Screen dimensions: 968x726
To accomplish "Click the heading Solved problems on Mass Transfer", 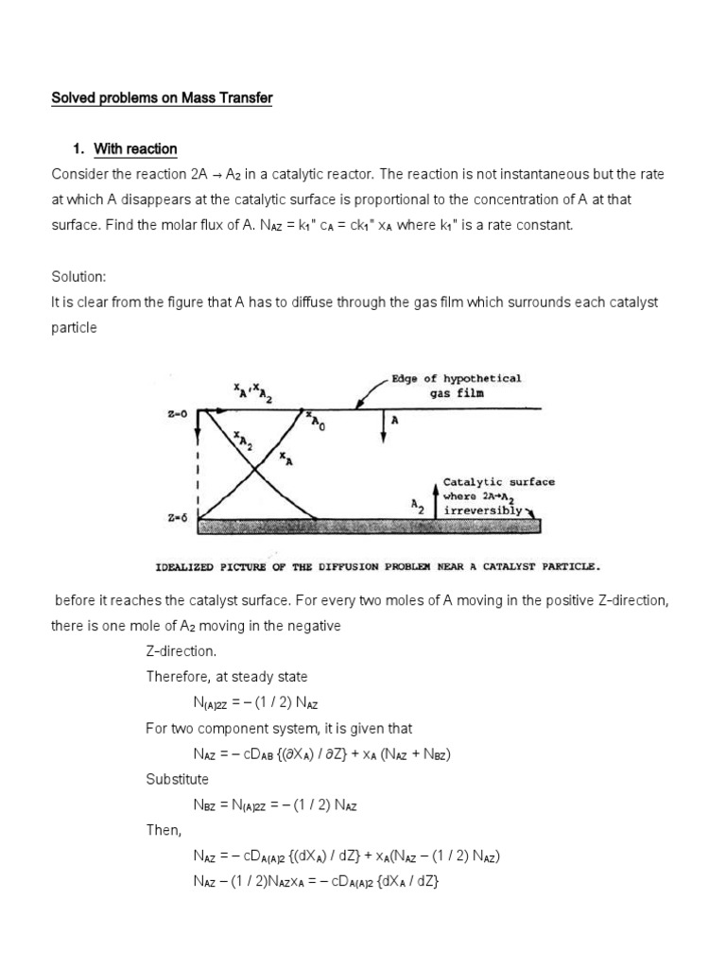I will pos(162,99).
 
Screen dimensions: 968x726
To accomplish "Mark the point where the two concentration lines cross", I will pos(252,468).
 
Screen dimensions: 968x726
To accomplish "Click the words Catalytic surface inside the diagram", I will pos(499,481).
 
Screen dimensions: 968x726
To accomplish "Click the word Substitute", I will pos(177,780).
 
